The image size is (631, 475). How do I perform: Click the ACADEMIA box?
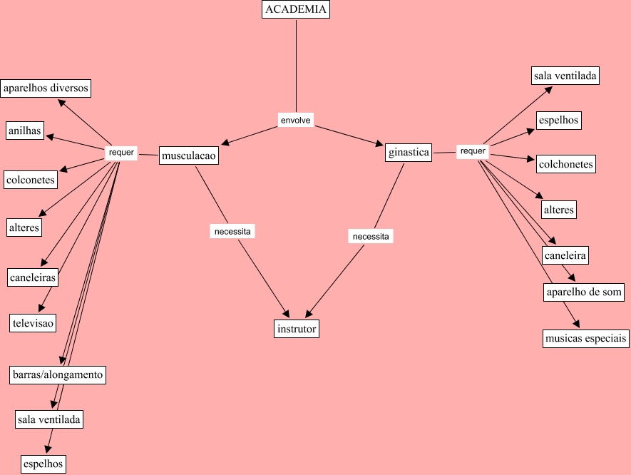[296, 9]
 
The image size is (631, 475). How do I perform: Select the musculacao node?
[188, 155]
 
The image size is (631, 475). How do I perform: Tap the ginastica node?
[409, 153]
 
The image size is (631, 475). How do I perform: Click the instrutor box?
[296, 329]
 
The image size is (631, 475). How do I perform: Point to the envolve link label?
[295, 121]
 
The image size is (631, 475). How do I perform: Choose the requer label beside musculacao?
[121, 153]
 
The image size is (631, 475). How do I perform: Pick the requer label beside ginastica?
[472, 151]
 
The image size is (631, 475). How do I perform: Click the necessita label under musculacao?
[232, 232]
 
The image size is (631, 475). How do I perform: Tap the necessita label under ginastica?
[371, 236]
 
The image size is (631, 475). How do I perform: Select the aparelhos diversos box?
[46, 88]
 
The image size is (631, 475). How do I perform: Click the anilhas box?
[25, 131]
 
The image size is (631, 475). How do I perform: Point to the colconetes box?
[30, 180]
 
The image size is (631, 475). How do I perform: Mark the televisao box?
[32, 322]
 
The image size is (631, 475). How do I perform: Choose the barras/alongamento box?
[58, 374]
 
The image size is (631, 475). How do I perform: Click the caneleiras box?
[33, 277]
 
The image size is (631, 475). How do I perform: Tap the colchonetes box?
[566, 164]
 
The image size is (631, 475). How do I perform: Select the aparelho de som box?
[584, 292]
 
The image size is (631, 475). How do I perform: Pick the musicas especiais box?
[585, 338]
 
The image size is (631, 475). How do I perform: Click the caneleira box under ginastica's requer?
[565, 255]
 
